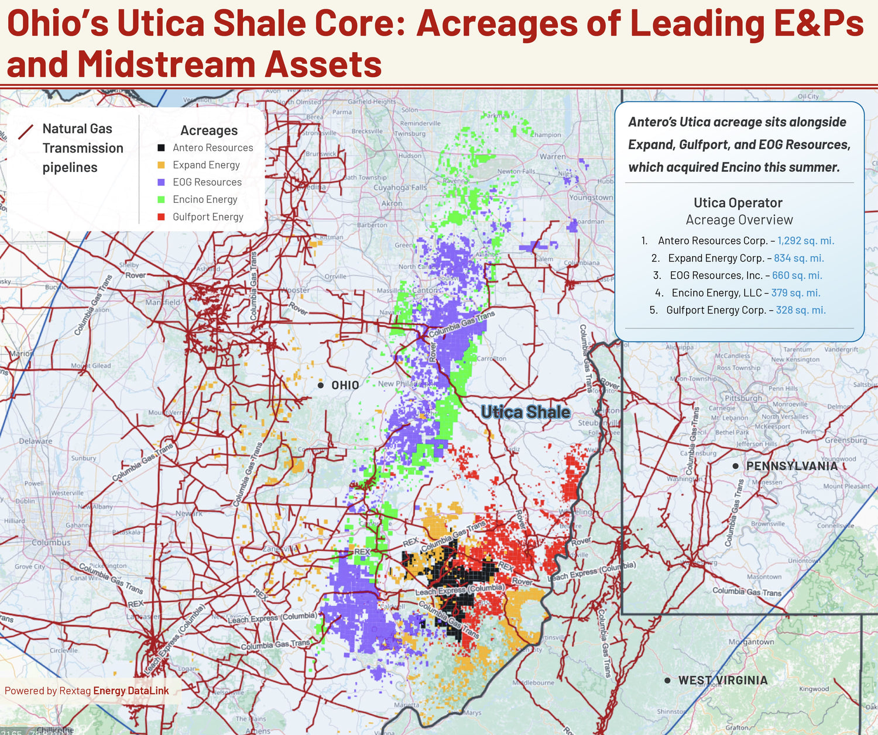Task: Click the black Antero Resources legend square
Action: click(161, 148)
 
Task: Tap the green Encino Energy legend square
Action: click(161, 199)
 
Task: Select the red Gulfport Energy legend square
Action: click(161, 217)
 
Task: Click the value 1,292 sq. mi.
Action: click(805, 241)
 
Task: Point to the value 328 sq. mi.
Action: click(801, 310)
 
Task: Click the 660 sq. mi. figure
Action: click(797, 275)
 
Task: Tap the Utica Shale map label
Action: click(525, 412)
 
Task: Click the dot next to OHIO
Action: click(321, 385)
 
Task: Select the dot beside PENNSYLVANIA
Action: click(736, 466)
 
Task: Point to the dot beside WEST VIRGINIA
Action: click(667, 680)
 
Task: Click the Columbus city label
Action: click(51, 543)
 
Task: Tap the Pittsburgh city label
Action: click(744, 398)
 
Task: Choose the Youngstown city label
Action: click(591, 198)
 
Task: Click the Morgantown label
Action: click(751, 641)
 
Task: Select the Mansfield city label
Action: click(163, 302)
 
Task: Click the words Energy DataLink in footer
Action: click(131, 691)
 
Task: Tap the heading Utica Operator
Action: click(738, 203)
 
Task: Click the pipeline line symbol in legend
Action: click(26, 132)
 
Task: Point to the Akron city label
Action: click(392, 203)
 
